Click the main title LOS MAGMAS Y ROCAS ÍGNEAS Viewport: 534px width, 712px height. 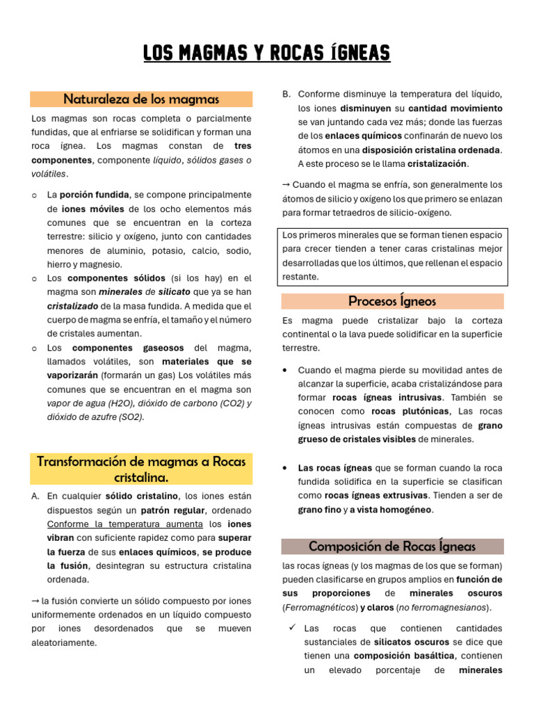click(x=267, y=53)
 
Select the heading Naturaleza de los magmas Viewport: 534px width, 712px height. click(x=141, y=99)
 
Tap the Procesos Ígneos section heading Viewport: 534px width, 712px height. click(x=392, y=301)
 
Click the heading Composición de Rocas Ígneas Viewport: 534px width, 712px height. click(x=392, y=546)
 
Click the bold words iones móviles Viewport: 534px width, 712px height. click(x=93, y=209)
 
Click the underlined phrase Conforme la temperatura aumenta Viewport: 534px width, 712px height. click(x=125, y=524)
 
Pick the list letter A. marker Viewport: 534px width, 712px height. click(x=35, y=496)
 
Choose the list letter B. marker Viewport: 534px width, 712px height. click(x=286, y=95)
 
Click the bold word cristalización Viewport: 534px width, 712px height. click(x=437, y=164)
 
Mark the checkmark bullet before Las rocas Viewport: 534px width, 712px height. click(x=292, y=628)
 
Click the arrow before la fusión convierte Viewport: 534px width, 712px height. click(x=35, y=601)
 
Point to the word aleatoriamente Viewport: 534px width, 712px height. click(x=64, y=642)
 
